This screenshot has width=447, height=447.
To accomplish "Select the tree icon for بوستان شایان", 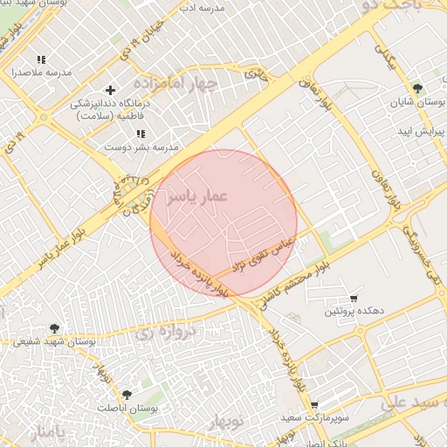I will (x=417, y=88).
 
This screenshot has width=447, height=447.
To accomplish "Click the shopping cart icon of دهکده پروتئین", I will (x=353, y=298).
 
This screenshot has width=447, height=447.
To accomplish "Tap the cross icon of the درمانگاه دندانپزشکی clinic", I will (x=110, y=90).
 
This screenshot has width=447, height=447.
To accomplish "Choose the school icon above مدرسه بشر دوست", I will (x=141, y=134).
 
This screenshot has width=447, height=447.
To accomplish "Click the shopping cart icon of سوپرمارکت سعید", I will (x=314, y=405).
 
